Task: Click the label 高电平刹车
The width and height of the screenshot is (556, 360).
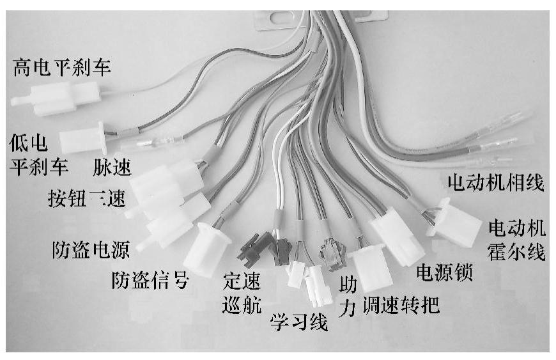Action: coord(61,67)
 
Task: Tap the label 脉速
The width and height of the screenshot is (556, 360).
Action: coord(112,168)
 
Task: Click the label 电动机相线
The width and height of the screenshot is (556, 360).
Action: coord(496,185)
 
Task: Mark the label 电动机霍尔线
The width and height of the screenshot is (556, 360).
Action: coord(517,239)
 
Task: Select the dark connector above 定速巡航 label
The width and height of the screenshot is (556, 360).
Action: coord(252,250)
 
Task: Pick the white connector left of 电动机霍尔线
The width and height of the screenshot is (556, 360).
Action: coord(455,221)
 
